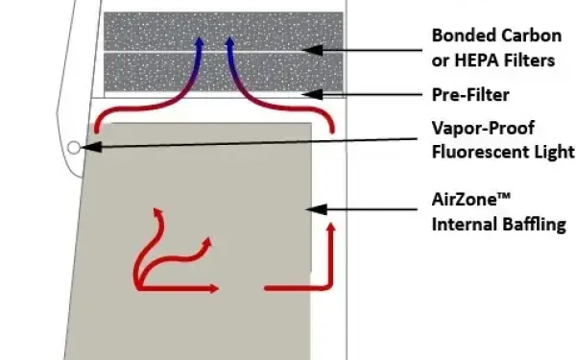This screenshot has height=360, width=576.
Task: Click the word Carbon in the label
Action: [532, 36]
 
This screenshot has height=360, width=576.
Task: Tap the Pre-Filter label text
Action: [470, 95]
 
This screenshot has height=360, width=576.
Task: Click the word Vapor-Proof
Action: [483, 129]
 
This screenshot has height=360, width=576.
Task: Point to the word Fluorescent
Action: [477, 152]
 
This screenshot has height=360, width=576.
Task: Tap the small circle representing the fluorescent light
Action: [74, 148]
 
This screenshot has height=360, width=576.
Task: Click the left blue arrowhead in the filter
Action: [199, 42]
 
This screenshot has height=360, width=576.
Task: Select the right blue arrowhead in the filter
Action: [230, 42]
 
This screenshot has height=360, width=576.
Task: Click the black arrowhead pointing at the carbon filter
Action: [312, 50]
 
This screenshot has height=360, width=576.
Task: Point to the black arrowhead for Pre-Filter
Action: [312, 94]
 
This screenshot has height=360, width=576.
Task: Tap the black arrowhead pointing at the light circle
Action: [91, 147]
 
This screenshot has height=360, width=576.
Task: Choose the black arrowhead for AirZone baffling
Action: [316, 209]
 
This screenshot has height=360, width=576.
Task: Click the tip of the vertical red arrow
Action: [331, 223]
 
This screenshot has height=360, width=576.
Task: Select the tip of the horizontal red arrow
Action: [219, 289]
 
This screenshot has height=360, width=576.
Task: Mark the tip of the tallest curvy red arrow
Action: [155, 208]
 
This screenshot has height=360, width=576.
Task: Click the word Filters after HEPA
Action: [529, 60]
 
